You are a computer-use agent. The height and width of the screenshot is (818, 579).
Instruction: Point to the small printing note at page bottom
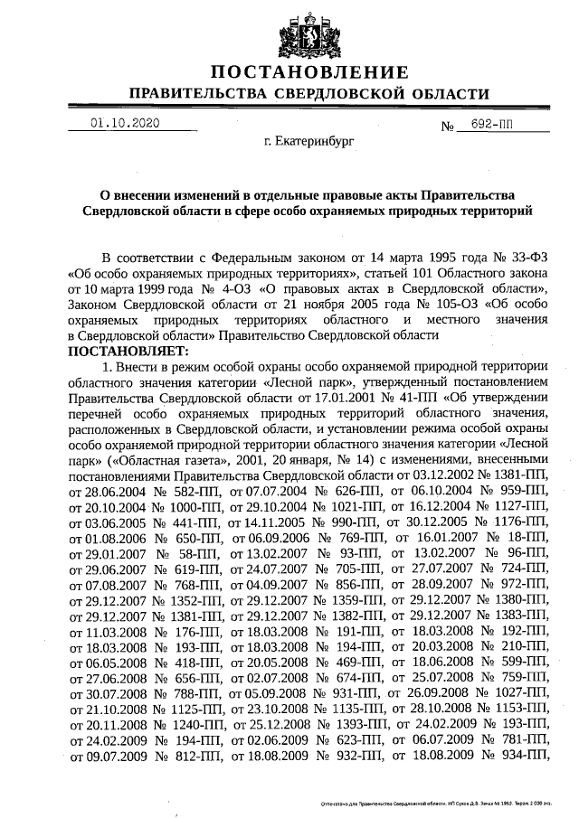pyautogui.click(x=434, y=802)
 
